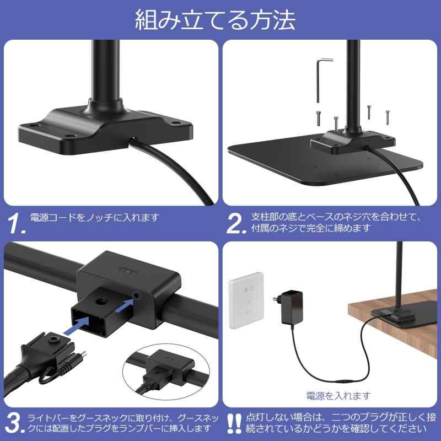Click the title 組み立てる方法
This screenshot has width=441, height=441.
coord(216,19)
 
